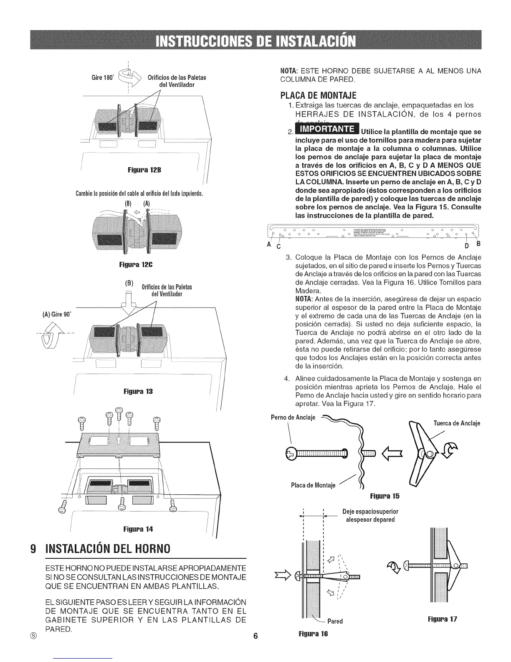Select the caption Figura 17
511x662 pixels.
[x=442, y=619]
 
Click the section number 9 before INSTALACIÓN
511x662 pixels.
[x=33, y=547]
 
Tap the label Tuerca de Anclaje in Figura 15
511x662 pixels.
[x=457, y=423]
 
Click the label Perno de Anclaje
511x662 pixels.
[x=293, y=417]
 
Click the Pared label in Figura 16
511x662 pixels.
[x=335, y=621]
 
